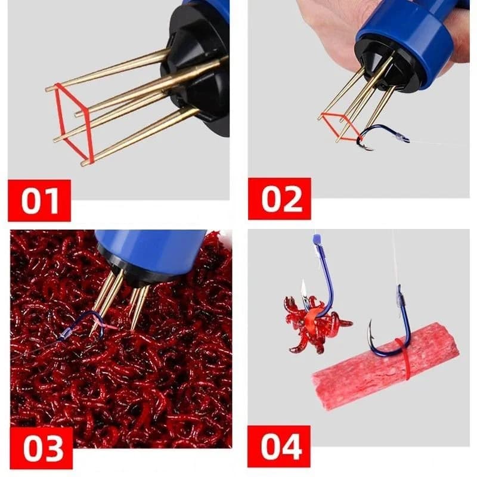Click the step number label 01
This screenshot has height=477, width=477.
point(39,200)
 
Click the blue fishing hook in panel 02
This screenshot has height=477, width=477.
point(382,136)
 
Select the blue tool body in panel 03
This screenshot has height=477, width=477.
point(149,247)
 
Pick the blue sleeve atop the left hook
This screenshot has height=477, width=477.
point(317,240)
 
